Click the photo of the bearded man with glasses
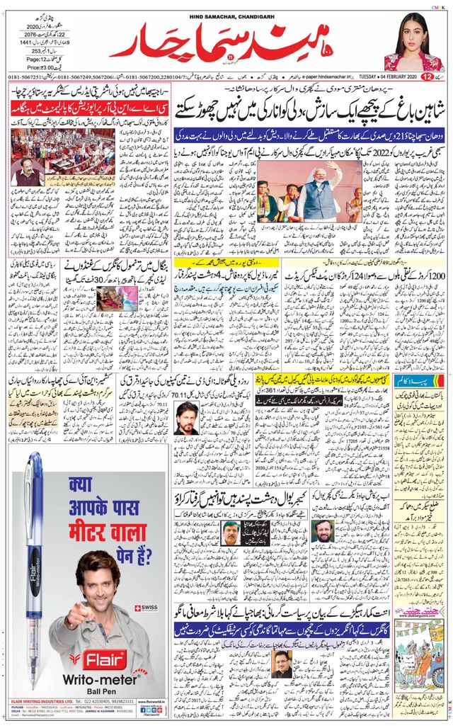321,530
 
